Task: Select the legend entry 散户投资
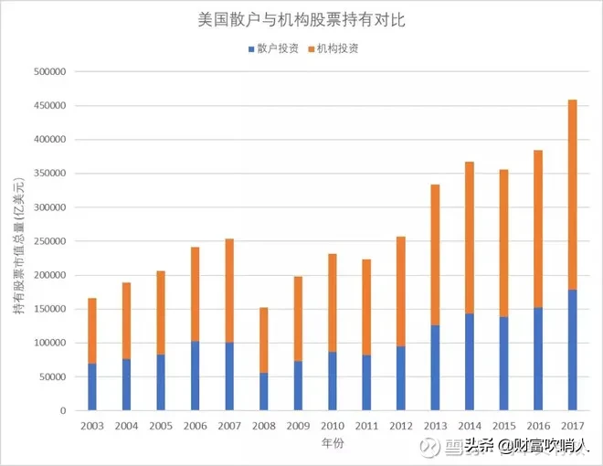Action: coord(273,48)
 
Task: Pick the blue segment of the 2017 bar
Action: coord(573,350)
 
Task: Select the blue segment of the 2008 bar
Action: coord(263,391)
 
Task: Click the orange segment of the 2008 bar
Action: coord(263,339)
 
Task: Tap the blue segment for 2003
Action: coord(91,387)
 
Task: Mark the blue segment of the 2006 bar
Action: coord(195,376)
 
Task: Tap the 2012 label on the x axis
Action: coord(401,425)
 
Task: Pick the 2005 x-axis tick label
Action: coord(161,425)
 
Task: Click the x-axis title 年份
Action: coord(333,442)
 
